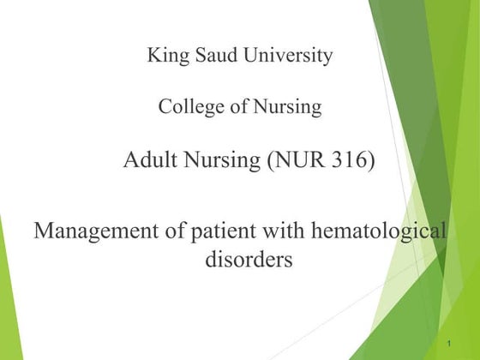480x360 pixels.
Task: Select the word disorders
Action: point(249,260)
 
